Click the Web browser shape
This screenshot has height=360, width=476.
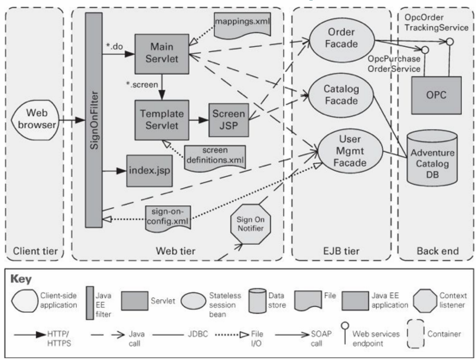[35, 120]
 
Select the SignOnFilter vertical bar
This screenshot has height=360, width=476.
[94, 120]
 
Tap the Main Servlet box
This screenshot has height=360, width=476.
[162, 54]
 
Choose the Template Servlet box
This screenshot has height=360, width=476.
[162, 120]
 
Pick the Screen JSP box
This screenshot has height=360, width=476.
[229, 120]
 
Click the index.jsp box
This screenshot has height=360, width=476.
[150, 171]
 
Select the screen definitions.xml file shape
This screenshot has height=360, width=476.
[215, 157]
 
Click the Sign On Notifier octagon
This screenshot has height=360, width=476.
[251, 224]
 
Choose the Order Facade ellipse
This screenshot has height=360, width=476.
[342, 40]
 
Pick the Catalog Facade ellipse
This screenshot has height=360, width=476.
[341, 95]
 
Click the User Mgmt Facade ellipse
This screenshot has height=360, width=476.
[350, 151]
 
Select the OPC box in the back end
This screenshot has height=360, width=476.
[436, 95]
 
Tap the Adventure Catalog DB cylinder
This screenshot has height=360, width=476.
[432, 158]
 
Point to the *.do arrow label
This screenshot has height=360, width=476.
[114, 46]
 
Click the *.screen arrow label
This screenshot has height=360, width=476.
[142, 84]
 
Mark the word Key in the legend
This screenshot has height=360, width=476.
[21, 279]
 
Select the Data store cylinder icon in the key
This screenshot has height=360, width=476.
[258, 301]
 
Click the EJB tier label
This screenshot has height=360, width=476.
[341, 251]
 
